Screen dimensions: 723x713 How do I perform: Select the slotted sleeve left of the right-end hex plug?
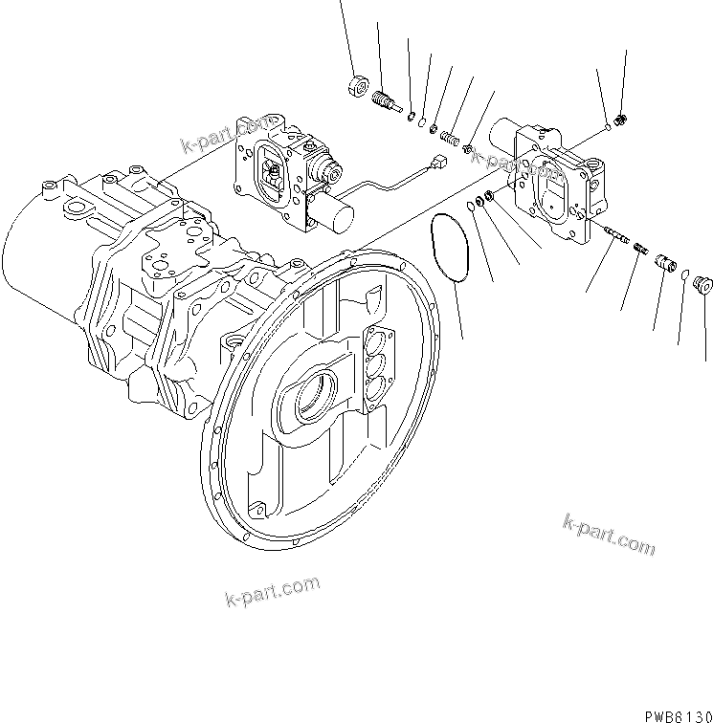tap(664, 261)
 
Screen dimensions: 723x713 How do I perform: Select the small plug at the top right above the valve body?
tap(622, 120)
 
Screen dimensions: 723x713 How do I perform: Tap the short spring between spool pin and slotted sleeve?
tap(636, 249)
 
